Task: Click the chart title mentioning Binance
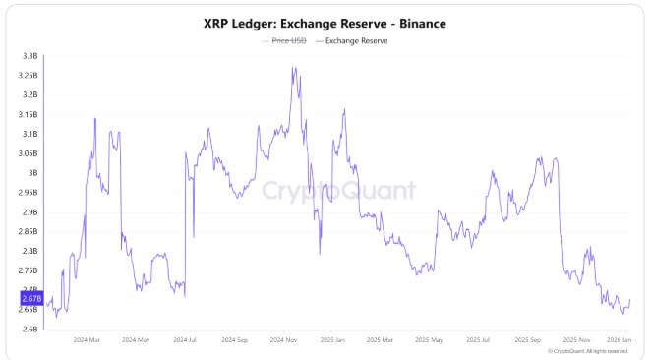pos(325,22)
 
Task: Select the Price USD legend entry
pos(284,40)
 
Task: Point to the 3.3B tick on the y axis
pos(30,56)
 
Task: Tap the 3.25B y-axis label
pos(29,76)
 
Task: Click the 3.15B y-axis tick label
pos(29,114)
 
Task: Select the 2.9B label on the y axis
pos(30,211)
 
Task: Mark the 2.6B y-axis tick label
pos(30,329)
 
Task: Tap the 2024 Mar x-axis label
pos(87,339)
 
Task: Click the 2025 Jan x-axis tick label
pos(332,339)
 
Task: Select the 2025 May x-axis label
pos(429,339)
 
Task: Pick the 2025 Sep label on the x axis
pos(527,339)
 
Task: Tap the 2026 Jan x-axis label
pos(620,339)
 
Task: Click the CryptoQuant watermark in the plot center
pos(337,189)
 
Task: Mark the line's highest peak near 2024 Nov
pos(294,68)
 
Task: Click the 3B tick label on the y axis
pos(32,173)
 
